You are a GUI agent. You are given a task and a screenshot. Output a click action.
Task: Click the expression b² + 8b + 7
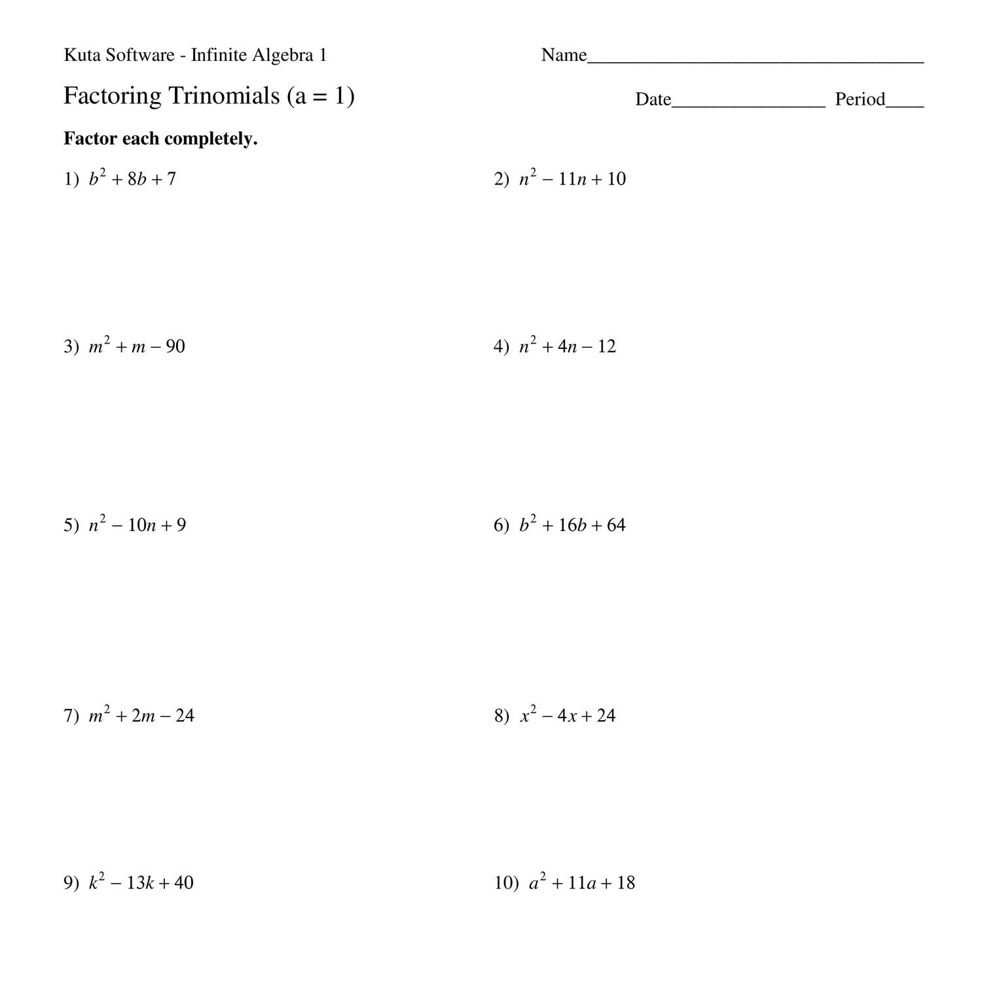point(133,179)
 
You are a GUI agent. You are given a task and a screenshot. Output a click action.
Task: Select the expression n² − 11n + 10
point(573,179)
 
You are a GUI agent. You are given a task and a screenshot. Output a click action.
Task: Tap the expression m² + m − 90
point(137,346)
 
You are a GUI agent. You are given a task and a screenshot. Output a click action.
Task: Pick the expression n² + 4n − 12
point(568,346)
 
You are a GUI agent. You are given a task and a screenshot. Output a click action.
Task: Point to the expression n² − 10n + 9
point(137,525)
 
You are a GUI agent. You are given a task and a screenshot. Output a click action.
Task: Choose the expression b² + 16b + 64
point(572,525)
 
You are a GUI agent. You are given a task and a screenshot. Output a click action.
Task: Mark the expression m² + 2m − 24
point(141,716)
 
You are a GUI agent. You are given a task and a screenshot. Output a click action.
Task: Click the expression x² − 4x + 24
point(568,716)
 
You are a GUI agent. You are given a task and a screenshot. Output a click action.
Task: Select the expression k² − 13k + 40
point(141,882)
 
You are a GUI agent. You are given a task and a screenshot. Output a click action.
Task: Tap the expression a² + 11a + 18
point(582,883)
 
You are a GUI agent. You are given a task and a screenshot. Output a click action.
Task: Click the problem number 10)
point(506,883)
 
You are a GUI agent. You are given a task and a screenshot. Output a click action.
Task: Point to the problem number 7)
point(71,716)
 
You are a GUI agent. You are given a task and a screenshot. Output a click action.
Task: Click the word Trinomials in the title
point(224,96)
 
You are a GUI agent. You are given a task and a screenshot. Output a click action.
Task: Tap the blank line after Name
point(755,61)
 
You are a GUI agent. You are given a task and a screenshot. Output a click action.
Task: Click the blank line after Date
point(748,105)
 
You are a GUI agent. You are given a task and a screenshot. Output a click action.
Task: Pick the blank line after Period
point(905,105)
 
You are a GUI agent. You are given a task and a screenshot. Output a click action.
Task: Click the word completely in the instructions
point(210,139)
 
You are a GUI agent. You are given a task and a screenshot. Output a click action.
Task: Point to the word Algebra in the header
point(284,56)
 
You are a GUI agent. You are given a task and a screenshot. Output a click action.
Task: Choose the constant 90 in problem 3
point(175,346)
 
